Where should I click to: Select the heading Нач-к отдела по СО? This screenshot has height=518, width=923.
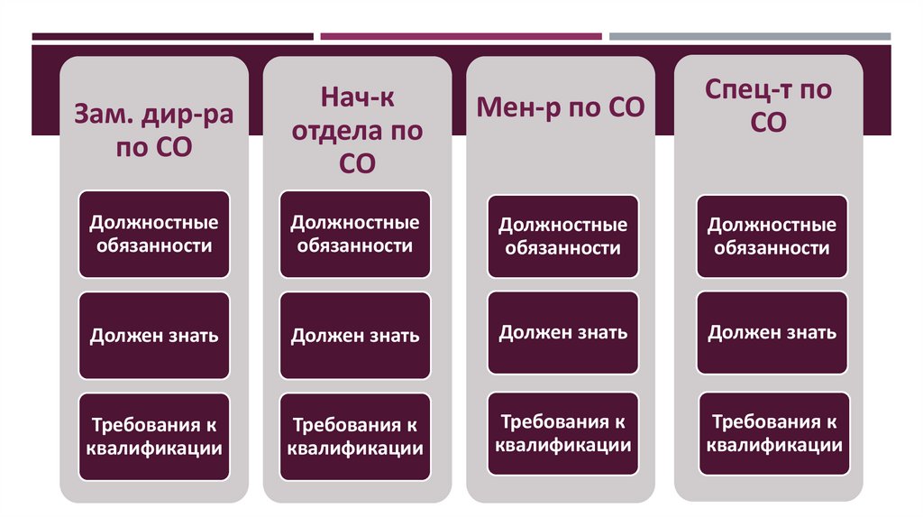coord(357,130)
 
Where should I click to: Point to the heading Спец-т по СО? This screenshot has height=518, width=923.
coord(768,106)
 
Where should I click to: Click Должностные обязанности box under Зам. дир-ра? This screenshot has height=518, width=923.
coord(153,234)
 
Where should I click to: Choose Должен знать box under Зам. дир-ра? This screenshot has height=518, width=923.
coord(153,336)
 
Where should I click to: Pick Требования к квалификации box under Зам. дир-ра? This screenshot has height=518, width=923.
coord(153,437)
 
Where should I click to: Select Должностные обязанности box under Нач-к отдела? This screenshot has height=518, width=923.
coord(355,234)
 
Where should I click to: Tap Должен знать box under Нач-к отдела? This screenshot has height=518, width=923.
coord(355,336)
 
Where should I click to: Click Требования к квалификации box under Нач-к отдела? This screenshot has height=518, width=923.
coord(355,437)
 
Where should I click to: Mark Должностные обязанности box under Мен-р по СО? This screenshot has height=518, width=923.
coord(563,236)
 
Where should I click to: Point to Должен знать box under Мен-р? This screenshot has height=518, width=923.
coord(563,332)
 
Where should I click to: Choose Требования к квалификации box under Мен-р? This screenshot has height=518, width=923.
coord(563,433)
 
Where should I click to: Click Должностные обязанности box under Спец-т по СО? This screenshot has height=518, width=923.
coord(772,236)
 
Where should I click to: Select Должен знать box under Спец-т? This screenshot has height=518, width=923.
coord(772,332)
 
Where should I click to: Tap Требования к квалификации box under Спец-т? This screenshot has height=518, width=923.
coord(772,433)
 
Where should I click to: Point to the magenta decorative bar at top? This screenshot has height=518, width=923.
coord(461,37)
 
